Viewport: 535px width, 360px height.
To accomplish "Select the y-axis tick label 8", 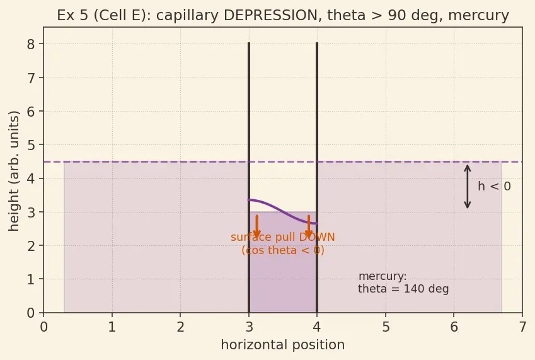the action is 31,44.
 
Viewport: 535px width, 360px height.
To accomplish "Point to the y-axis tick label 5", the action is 31,144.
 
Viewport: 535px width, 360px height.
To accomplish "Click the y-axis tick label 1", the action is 31,279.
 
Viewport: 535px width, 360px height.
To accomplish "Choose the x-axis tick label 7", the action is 522,327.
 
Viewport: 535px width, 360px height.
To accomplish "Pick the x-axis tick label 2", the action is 180,327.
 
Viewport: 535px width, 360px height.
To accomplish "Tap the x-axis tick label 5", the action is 386,327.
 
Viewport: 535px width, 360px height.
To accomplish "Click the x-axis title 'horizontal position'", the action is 283,345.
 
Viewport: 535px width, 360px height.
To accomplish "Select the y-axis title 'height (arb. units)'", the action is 14,171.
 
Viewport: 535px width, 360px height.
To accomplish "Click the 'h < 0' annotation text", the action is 495,187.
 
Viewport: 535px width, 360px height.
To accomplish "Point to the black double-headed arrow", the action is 468,187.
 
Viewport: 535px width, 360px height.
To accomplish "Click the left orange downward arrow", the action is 257,226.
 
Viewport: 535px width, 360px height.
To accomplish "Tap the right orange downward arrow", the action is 309,226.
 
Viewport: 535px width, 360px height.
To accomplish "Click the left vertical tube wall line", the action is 249,177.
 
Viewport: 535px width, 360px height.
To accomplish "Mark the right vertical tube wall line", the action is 317,177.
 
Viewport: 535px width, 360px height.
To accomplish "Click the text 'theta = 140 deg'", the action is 403,289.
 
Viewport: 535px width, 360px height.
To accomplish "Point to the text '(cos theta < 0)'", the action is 283,250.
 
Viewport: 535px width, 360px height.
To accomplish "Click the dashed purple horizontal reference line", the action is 283,162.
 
